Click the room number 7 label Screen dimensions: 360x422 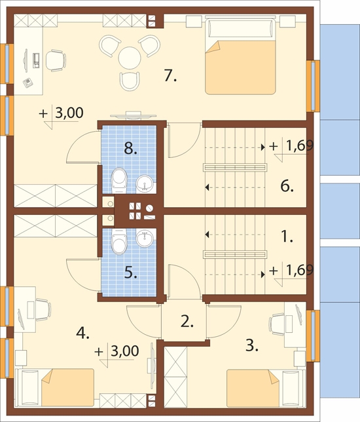click(170, 75)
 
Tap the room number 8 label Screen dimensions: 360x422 click(130, 148)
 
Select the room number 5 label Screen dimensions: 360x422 click(131, 273)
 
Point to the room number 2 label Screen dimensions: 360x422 click(187, 321)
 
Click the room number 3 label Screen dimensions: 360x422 click(251, 345)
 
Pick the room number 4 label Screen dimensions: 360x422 click(82, 333)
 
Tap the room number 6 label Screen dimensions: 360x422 click(287, 186)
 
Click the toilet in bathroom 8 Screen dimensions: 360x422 click(119, 180)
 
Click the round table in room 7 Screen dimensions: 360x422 click(130, 58)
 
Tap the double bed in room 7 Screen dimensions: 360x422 click(241, 55)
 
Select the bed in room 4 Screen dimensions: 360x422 click(54, 387)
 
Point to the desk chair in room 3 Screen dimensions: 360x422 click(277, 324)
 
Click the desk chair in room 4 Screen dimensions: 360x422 click(43, 309)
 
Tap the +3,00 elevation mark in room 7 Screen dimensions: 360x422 click(61, 117)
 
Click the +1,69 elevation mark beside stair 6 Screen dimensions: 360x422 click(291, 149)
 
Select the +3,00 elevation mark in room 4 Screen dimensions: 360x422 click(117, 355)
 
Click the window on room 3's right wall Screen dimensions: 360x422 click(314, 336)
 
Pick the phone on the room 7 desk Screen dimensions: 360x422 click(28, 83)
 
